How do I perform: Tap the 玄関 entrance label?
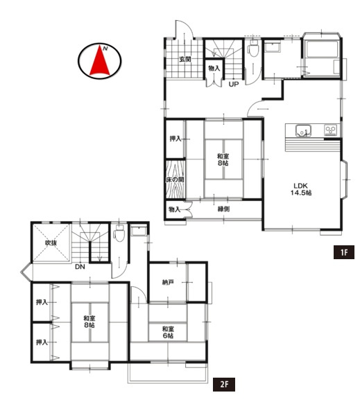click(x=185, y=59)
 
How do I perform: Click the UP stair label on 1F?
click(x=234, y=84)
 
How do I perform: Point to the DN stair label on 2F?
click(x=80, y=267)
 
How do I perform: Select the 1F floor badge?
click(x=344, y=252)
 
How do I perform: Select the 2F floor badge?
click(x=224, y=385)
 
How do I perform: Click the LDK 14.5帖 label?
click(x=301, y=189)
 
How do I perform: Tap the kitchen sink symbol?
click(x=303, y=130)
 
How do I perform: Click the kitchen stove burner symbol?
click(x=330, y=130)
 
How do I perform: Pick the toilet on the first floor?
click(x=253, y=49)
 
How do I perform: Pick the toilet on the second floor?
click(x=119, y=233)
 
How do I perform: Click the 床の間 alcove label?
click(x=175, y=179)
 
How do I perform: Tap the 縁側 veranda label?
click(x=223, y=209)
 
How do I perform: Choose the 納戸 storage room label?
click(x=168, y=283)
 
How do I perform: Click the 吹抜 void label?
click(x=51, y=243)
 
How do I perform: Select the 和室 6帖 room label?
click(x=168, y=332)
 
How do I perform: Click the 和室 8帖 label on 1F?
click(x=223, y=159)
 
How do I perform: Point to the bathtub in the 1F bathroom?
click(x=322, y=49)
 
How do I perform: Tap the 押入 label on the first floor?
click(x=175, y=139)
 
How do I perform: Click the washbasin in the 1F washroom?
click(x=273, y=48)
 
